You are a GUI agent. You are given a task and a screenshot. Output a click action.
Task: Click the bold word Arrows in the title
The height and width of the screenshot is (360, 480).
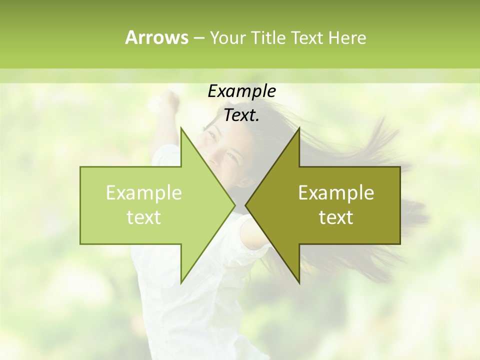pos(156,37)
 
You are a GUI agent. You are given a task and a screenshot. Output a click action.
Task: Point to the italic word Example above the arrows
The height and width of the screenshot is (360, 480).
pos(241,91)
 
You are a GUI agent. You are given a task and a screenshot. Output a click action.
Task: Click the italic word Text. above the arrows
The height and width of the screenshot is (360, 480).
pos(241,115)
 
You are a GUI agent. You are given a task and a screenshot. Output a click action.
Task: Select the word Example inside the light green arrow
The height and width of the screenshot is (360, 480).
pos(144,193)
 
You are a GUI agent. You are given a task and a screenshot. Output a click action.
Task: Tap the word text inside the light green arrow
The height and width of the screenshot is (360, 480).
pos(144,217)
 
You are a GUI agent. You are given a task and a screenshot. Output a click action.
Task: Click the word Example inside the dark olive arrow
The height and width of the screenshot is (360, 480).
pos(336,193)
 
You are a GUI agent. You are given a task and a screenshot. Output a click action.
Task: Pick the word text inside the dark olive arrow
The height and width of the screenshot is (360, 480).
pos(336,217)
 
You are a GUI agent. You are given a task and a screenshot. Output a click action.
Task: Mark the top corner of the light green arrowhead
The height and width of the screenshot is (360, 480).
pos(181,128)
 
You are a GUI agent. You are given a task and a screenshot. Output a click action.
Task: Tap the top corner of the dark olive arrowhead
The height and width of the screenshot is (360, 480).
pos(299,128)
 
